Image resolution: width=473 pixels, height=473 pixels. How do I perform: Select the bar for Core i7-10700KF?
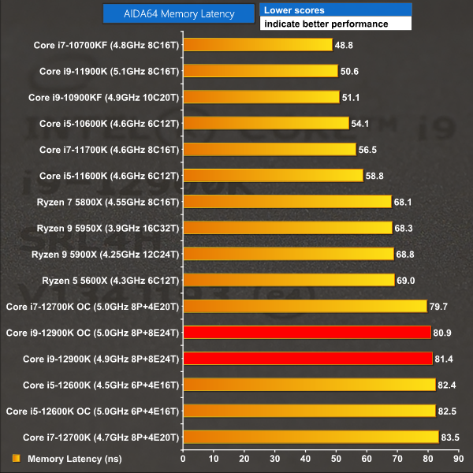point(257,45)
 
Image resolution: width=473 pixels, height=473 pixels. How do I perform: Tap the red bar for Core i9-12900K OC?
point(307,332)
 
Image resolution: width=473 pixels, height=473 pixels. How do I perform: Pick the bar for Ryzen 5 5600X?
point(289,280)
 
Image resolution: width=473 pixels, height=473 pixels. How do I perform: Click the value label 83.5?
point(451,437)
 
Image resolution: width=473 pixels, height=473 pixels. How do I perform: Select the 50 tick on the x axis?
point(336,458)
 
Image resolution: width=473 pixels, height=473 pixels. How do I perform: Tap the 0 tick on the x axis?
point(183,458)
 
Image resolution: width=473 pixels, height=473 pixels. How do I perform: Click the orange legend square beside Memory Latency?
point(16,458)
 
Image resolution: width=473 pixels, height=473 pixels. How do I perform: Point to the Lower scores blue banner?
point(336,10)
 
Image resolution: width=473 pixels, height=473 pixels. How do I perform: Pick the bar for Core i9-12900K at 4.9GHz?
point(307,359)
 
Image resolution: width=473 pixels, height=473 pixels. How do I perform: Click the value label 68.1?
point(404,202)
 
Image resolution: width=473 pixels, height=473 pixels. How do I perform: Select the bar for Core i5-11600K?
point(273,175)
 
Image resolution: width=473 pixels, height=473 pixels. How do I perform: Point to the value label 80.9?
point(443,332)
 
